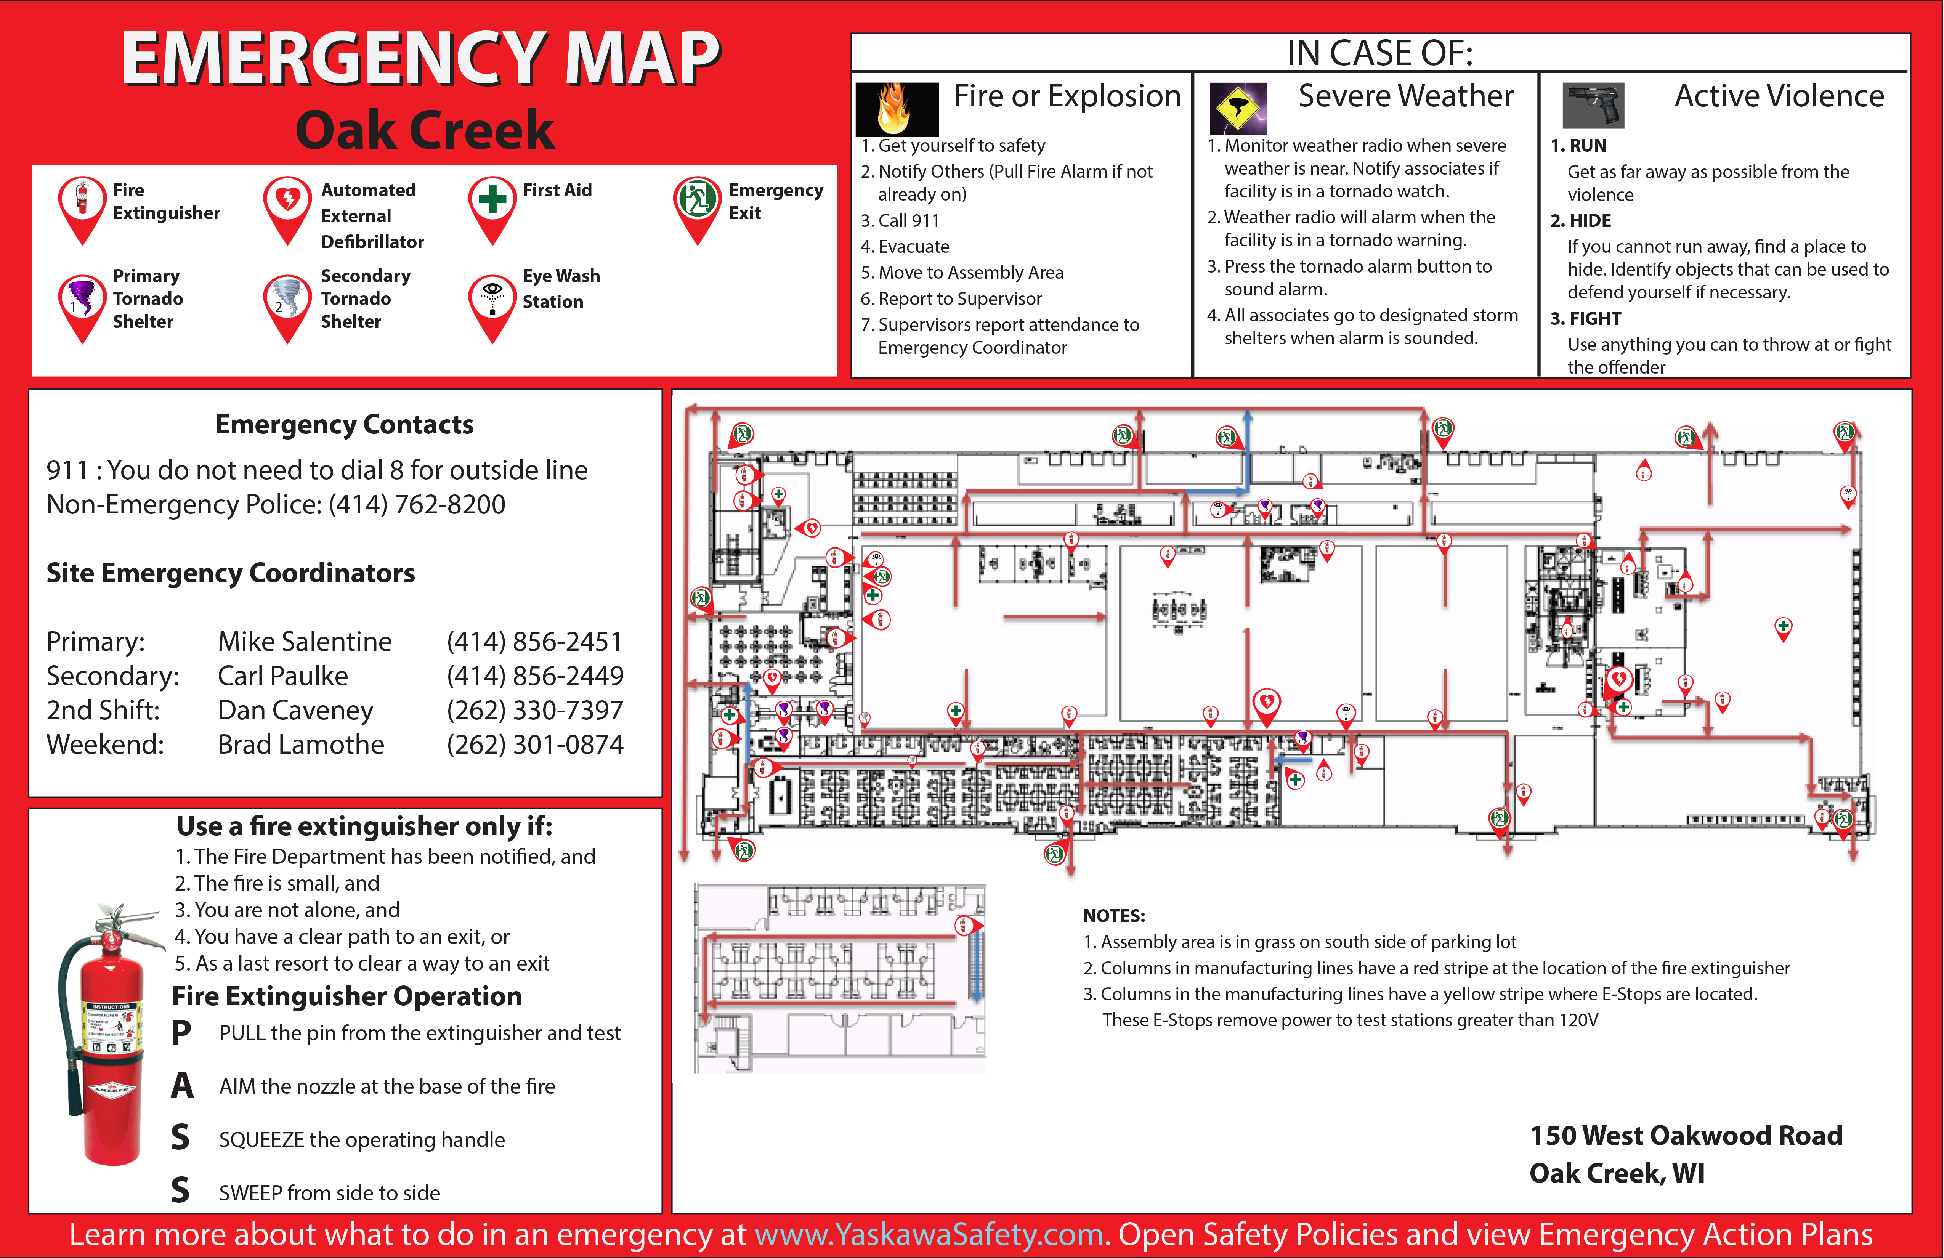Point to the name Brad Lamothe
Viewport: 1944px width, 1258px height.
click(301, 744)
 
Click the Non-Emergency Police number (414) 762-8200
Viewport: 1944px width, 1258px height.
click(417, 504)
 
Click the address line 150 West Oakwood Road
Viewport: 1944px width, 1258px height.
click(1686, 1136)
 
